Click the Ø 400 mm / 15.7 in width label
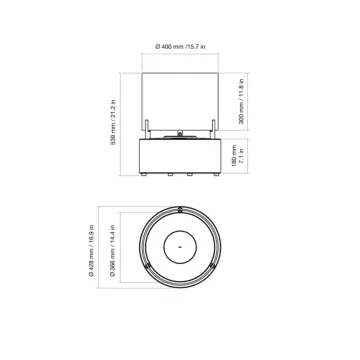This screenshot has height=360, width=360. [x=180, y=46]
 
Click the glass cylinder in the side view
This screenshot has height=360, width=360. [x=180, y=100]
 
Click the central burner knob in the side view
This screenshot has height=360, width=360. [x=180, y=131]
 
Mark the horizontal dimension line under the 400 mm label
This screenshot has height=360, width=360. [x=180, y=57]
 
